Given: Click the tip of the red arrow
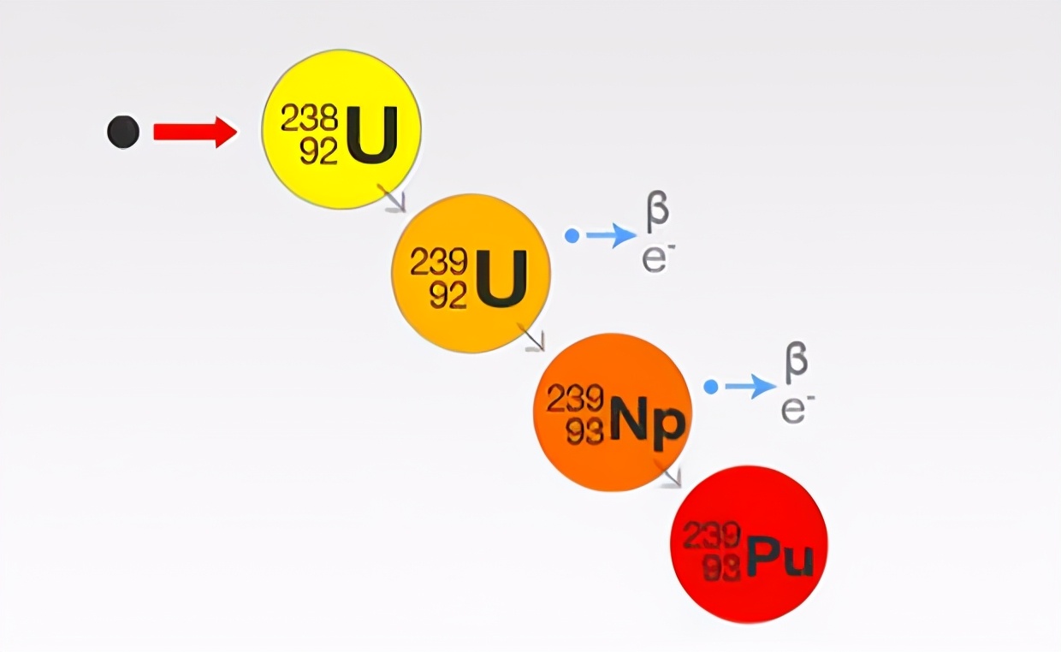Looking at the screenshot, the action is pos(237,132).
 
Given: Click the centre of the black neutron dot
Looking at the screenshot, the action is pos(123,132).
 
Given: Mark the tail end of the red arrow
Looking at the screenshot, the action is pos(154,132).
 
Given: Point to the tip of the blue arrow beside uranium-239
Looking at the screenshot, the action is pos(637,235).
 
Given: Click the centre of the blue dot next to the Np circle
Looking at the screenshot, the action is pos(711,387).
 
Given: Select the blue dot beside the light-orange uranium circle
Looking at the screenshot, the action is pos(572,235).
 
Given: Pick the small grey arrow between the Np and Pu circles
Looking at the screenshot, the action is pos(668,473).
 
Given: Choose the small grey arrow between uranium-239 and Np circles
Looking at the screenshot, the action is pos(531,338).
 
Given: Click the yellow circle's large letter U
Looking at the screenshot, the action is pos(372,135).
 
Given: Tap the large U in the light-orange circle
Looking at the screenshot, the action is pos(501,279).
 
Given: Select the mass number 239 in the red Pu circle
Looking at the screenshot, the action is pos(712,535).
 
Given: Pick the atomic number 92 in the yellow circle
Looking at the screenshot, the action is pos(319,151).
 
